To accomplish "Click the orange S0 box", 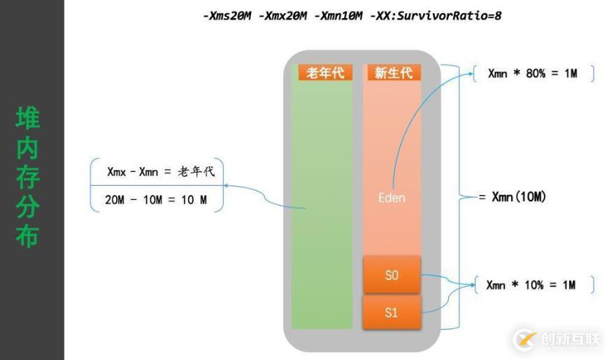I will point(392,275).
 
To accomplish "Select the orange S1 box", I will point(392,312).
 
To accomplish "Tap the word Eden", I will point(392,198).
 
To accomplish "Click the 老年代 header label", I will point(325,73).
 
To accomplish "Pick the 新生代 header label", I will point(393,73).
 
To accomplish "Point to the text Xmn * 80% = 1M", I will point(532,73).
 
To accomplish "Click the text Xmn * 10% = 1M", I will point(532,285).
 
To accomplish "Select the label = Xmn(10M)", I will point(512,197).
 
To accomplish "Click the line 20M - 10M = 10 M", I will point(156,200).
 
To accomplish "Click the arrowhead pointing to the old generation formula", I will point(227,186).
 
